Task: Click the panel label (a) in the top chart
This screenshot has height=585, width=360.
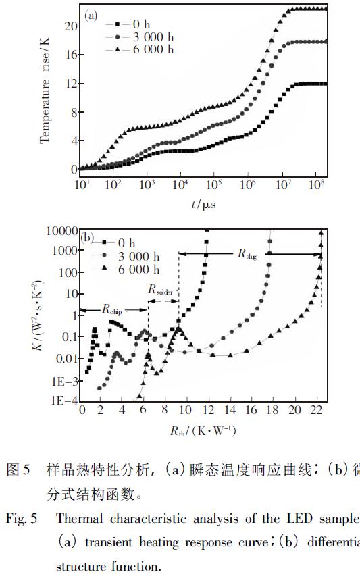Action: (x=92, y=14)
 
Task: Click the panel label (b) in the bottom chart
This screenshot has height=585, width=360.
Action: (x=87, y=238)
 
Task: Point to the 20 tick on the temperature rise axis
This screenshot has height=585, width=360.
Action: (x=70, y=26)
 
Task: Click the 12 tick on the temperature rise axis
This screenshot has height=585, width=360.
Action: (x=70, y=83)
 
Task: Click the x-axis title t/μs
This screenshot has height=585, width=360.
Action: (x=203, y=203)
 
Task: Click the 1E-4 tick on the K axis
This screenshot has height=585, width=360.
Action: (x=64, y=401)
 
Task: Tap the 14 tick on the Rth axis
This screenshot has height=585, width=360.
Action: (x=230, y=411)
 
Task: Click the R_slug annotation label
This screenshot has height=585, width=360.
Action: (x=248, y=253)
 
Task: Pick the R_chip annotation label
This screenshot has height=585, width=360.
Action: (x=113, y=310)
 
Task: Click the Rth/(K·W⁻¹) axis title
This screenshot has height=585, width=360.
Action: (x=202, y=430)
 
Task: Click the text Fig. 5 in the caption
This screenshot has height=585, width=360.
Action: (x=22, y=519)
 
